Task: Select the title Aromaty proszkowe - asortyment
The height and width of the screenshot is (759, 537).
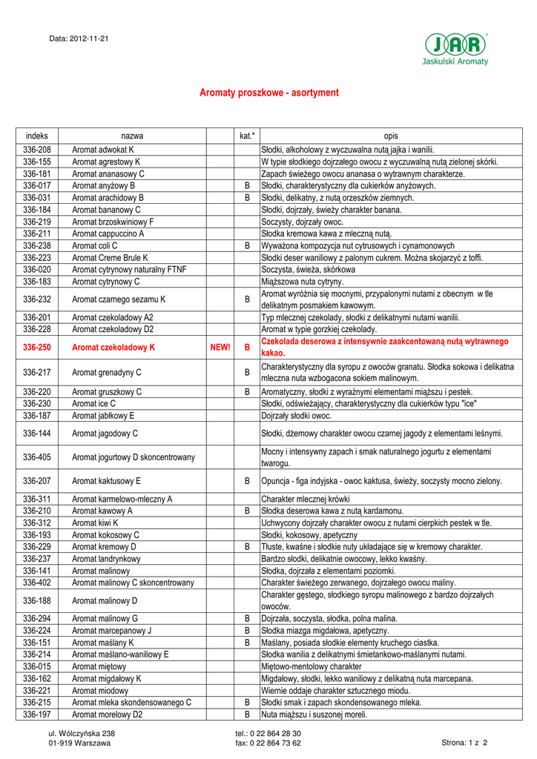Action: coord(269,93)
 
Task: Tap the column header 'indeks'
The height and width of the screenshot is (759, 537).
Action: coord(36,136)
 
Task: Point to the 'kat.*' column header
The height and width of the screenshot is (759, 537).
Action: coord(247,136)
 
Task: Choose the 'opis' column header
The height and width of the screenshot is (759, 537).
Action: coord(390,136)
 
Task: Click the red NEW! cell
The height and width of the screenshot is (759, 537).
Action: coord(220,347)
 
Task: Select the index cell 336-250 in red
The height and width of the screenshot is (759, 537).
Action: coord(36,347)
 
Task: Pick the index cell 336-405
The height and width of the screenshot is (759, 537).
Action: coord(36,457)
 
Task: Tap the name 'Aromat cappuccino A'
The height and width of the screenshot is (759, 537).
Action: coord(108,233)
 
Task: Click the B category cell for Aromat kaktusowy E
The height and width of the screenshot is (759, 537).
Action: coord(247,481)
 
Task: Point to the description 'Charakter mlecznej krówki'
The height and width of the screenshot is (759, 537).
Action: coord(307,499)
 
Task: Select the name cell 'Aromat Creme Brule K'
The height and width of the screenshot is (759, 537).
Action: coord(111,257)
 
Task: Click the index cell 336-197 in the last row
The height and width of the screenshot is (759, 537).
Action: coord(36,715)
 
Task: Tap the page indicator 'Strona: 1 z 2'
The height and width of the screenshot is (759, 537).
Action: coord(470,742)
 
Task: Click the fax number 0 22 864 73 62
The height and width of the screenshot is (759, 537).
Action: coord(268,742)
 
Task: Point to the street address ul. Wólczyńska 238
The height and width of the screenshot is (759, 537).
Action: coord(82,733)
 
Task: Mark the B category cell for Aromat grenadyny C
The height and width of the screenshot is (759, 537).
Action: coord(247,372)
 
